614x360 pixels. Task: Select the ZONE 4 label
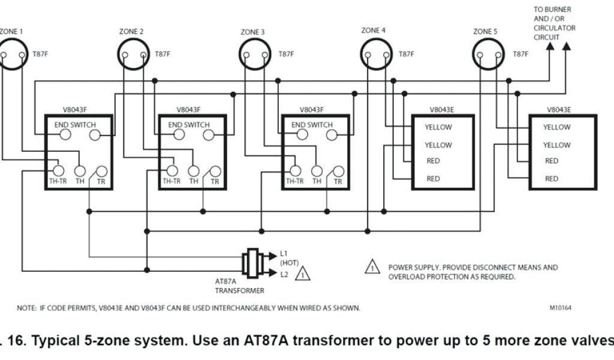coord(374,30)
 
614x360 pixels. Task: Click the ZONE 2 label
coord(132,31)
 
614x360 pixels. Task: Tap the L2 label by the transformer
coord(284,274)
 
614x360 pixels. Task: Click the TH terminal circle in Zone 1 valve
coord(80,171)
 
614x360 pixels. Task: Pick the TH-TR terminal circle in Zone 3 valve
coord(294,170)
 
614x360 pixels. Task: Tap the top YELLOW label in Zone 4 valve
coord(438,127)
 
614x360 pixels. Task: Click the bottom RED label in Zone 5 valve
coord(551,179)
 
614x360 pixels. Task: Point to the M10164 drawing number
coord(560,308)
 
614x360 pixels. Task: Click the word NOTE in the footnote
coord(26,308)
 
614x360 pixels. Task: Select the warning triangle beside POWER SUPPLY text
coord(372,268)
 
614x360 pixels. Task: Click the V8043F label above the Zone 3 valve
coord(311,110)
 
